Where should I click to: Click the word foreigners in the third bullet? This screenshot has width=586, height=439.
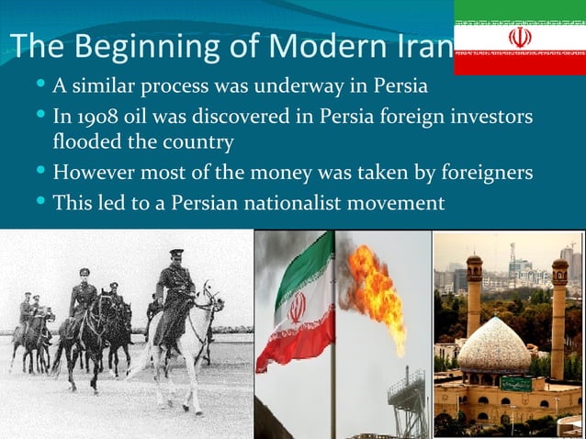484,172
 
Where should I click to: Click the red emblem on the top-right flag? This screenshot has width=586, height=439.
519,38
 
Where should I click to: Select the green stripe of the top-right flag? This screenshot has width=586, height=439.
519,12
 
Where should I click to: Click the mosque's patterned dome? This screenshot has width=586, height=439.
493,346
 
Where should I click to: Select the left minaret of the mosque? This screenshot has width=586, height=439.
475,303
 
